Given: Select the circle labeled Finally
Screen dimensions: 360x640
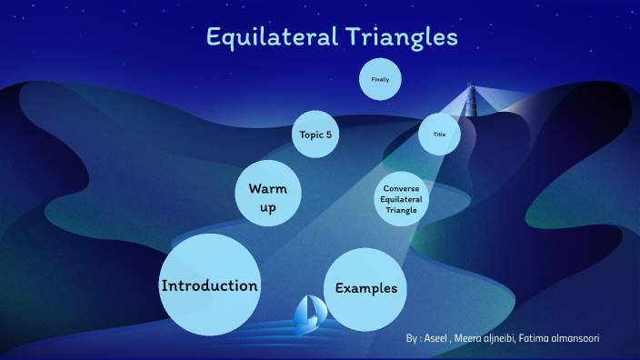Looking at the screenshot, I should [380, 80].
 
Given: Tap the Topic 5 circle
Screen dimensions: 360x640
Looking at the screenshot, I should [316, 135].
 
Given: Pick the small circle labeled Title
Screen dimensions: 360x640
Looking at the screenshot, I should [439, 135].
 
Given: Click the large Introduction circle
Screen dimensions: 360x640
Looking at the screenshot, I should [210, 284].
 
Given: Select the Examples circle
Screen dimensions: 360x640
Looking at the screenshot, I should [365, 288].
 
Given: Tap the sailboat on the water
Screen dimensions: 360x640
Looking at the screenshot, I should [309, 311].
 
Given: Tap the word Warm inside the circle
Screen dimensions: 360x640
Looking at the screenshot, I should [268, 188].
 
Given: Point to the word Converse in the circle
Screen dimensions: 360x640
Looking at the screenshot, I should [401, 188].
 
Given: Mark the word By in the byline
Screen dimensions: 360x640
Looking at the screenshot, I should [413, 338].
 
